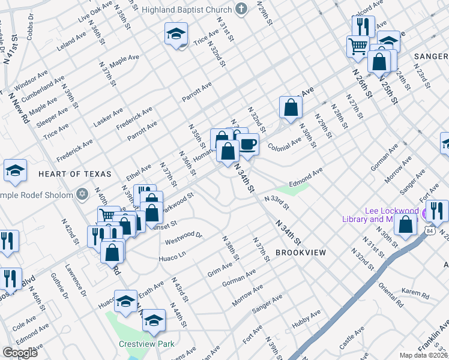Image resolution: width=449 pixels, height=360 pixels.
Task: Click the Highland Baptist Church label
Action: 186,10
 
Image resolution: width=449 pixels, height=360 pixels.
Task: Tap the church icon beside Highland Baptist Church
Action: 241,9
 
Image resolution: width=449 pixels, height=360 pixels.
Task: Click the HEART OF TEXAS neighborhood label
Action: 75,173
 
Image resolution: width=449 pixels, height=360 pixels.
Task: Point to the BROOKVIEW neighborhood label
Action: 301,253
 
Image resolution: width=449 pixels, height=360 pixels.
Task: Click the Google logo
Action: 20,353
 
